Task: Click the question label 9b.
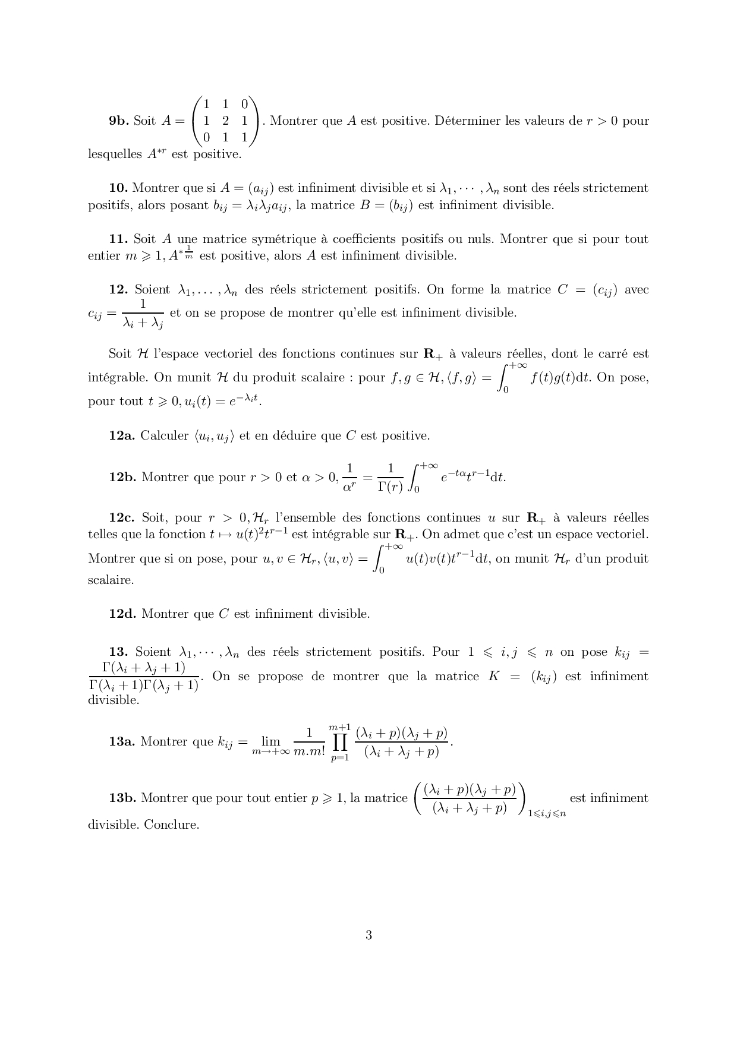click(118, 121)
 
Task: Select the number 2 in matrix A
click(225, 121)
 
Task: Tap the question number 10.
click(119, 188)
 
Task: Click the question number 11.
click(119, 239)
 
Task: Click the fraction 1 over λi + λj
click(143, 313)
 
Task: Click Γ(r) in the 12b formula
click(390, 486)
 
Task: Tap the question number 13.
click(119, 652)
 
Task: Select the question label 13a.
click(122, 741)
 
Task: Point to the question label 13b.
click(123, 798)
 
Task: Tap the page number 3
click(368, 935)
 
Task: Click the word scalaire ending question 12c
click(111, 580)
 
